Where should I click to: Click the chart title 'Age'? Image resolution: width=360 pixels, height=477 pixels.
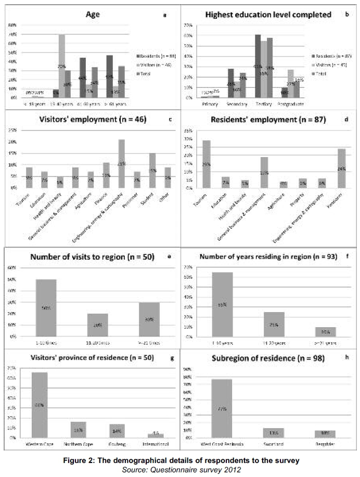pyautogui.click(x=93, y=15)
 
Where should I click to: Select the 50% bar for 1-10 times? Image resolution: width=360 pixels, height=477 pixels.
pyautogui.click(x=46, y=308)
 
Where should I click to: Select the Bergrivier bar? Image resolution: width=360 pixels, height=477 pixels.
pyautogui.click(x=325, y=434)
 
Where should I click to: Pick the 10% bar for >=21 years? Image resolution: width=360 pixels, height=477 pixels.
pyautogui.click(x=325, y=331)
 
